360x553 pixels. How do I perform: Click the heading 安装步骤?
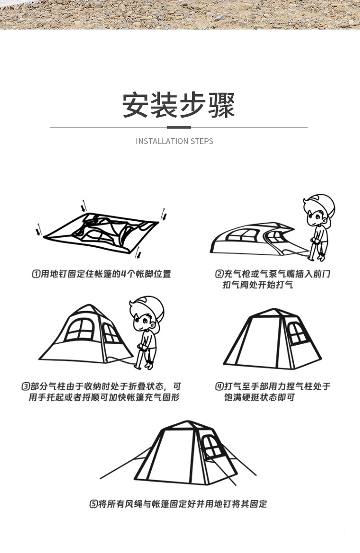coord(179,105)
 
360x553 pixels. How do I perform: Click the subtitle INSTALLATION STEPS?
coord(174,141)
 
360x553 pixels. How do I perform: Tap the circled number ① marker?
coord(36,274)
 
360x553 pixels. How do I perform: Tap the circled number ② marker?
coord(219,274)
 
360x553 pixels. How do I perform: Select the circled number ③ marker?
coord(25,386)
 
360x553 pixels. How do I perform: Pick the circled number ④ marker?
coord(219,386)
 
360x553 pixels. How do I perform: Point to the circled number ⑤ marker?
coord(94,504)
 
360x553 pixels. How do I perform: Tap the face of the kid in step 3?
coord(142,319)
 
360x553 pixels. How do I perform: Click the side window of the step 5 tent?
coord(209,446)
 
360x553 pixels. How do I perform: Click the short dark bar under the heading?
coord(179,128)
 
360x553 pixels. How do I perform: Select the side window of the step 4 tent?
coord(297,332)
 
